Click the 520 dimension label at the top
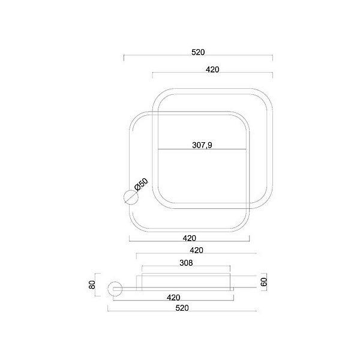tap(198, 52)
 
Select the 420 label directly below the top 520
tap(212, 70)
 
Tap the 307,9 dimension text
tap(202, 145)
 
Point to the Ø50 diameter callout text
tap(142, 184)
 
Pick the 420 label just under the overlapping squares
tap(190, 238)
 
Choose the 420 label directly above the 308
tap(197, 250)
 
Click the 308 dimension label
tap(186, 263)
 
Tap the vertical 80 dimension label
tap(92, 284)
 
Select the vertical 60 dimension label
tap(264, 282)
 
